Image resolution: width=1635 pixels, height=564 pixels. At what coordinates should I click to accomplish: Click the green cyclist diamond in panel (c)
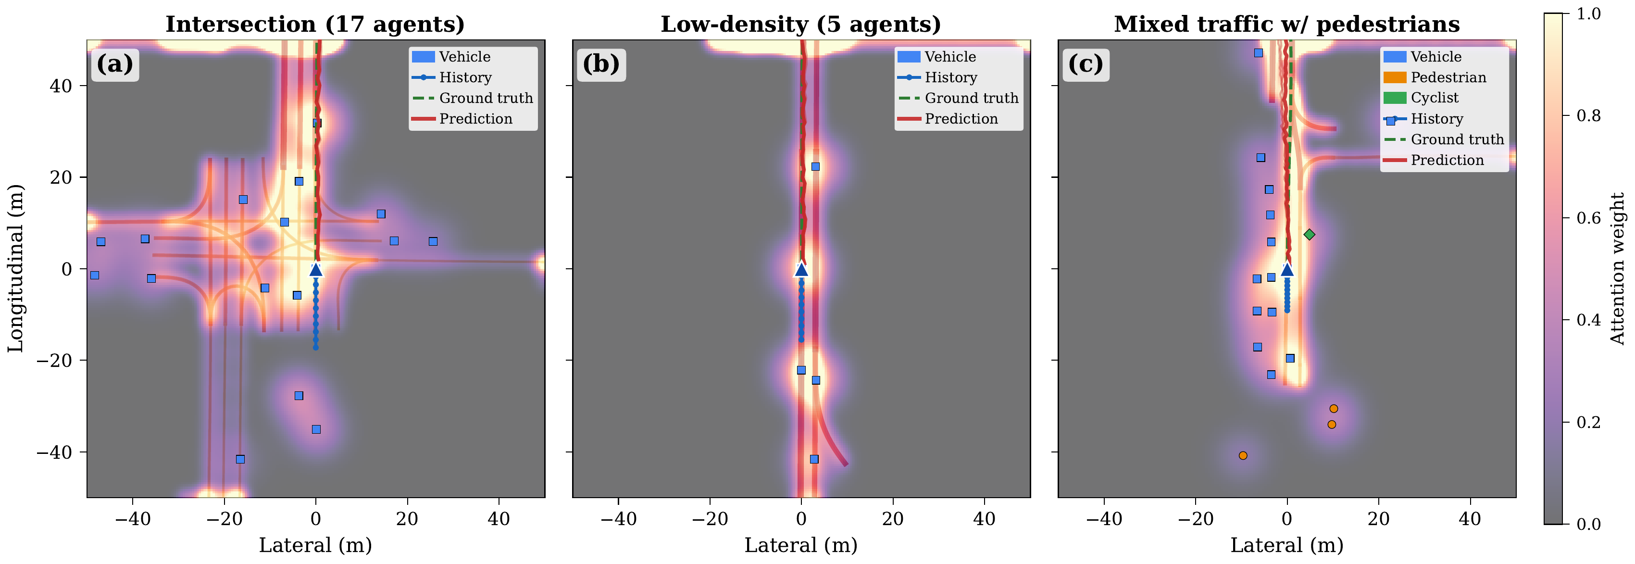tap(1309, 235)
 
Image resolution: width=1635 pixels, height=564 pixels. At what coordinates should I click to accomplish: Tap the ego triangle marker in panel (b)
tap(801, 269)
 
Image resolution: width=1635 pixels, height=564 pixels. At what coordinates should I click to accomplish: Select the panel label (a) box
tap(115, 64)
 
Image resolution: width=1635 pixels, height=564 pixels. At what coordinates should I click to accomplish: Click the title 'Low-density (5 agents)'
tap(800, 24)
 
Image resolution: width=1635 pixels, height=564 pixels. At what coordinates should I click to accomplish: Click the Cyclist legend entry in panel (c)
tap(1435, 98)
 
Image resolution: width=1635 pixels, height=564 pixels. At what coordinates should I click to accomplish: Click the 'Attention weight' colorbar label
tap(1618, 269)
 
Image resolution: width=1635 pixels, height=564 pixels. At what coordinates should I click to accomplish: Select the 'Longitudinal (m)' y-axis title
tap(15, 269)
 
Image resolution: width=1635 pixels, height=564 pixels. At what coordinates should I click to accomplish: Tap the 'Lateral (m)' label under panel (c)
tap(1286, 545)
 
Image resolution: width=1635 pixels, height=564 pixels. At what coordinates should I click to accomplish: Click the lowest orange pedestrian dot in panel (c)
tap(1243, 455)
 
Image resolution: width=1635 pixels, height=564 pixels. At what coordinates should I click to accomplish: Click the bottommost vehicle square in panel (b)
tap(814, 459)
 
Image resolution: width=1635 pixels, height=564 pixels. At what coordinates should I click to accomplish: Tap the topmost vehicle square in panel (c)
tap(1259, 53)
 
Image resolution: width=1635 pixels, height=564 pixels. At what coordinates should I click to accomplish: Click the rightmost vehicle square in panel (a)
tap(433, 241)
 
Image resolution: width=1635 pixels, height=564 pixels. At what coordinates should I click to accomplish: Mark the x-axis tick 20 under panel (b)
tap(892, 519)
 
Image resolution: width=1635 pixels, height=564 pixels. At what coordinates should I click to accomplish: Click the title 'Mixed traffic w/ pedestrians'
tap(1286, 24)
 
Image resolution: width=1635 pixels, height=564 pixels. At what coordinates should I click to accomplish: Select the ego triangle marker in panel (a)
tap(316, 269)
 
